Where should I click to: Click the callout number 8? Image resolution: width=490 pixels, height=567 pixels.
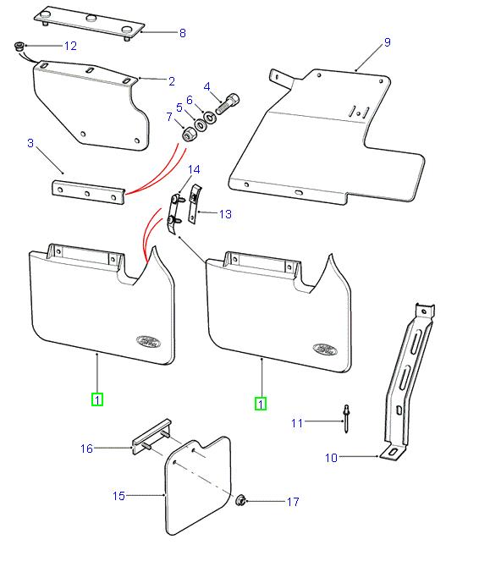(x=182, y=34)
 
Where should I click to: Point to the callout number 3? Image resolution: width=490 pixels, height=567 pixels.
(x=30, y=144)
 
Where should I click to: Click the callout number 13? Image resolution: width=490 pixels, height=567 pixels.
(x=224, y=214)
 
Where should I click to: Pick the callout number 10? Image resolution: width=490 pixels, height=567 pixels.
(x=331, y=458)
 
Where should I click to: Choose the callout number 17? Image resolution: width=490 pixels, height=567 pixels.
(x=293, y=502)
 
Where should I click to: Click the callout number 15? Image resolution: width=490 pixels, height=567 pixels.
(x=119, y=496)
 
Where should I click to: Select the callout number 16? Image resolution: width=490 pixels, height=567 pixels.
(x=86, y=449)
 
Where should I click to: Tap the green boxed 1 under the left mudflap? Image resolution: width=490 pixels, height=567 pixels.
(x=97, y=399)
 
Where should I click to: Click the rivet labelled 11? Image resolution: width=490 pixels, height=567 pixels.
(x=347, y=413)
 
